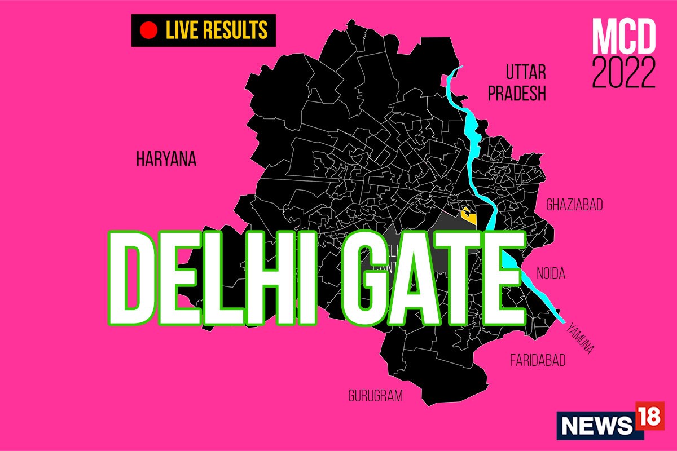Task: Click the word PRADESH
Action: (517, 94)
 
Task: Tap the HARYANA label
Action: (166, 160)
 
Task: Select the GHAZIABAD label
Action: (574, 205)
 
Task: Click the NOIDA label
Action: (552, 274)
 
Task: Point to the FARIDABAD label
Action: (537, 360)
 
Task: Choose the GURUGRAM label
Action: (375, 396)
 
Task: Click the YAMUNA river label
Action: (581, 338)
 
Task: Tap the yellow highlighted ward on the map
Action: (467, 214)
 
